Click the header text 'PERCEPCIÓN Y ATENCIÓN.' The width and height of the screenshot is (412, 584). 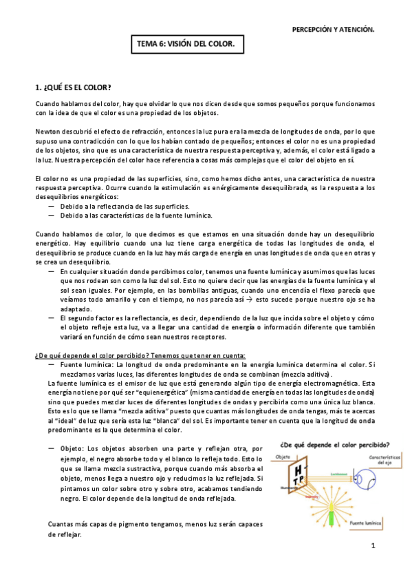point(334,30)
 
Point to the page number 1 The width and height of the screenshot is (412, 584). point(372,547)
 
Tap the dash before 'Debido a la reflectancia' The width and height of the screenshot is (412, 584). point(52,206)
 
